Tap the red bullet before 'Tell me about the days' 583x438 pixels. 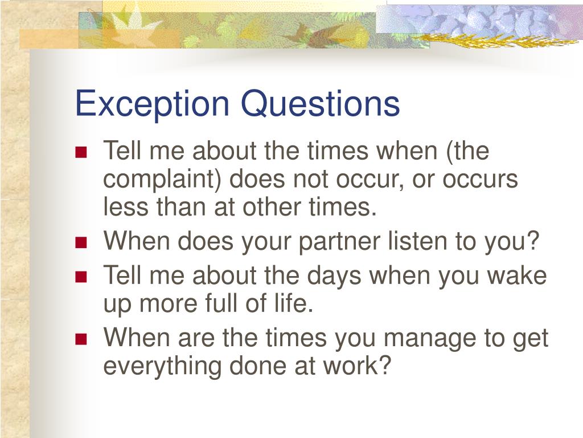(81, 277)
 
